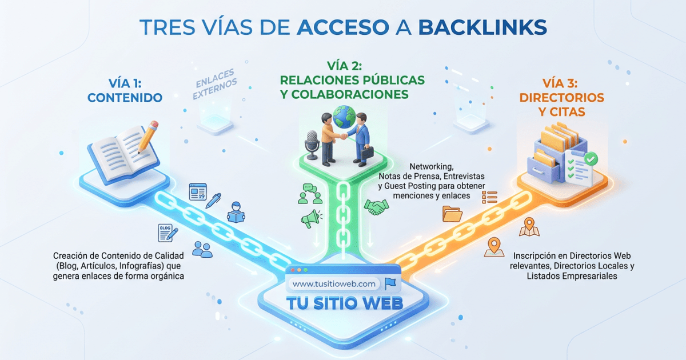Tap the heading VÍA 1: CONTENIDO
pyautogui.click(x=125, y=90)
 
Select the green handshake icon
pyautogui.click(x=376, y=206)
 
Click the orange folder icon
pyautogui.click(x=452, y=214)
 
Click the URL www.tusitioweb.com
pyautogui.click(x=334, y=284)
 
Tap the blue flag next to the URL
pyautogui.click(x=390, y=283)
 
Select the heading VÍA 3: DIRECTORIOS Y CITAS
pyautogui.click(x=561, y=104)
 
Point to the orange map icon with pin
pyautogui.click(x=528, y=227)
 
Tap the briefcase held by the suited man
pyautogui.click(x=366, y=153)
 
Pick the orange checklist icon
pyautogui.click(x=491, y=197)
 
